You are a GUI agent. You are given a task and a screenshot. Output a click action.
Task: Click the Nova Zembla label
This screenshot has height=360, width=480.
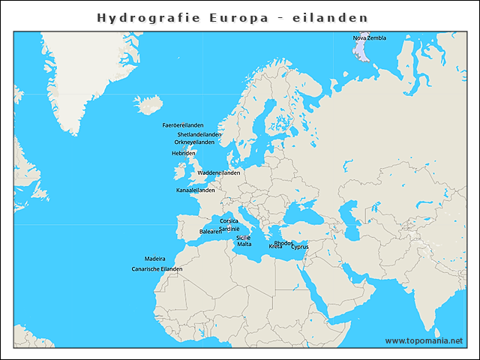370,37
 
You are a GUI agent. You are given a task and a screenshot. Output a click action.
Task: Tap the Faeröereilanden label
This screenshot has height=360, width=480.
183,125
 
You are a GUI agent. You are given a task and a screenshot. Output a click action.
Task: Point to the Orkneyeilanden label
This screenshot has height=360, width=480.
194,142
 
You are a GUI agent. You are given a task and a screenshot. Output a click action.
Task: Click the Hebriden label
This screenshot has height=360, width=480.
184,153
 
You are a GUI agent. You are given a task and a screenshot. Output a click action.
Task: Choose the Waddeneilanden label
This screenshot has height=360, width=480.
218,172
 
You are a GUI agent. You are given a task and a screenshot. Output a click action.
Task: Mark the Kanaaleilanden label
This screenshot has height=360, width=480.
195,190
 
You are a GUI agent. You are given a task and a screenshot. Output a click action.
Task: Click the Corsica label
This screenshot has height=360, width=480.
229,221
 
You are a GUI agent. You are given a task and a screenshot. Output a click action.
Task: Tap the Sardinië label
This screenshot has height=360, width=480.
229,229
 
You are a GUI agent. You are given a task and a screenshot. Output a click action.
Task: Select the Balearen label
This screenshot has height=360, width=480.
211,232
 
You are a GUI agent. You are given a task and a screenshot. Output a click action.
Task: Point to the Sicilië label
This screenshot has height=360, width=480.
244,237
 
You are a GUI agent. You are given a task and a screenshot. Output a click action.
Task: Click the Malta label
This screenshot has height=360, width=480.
244,244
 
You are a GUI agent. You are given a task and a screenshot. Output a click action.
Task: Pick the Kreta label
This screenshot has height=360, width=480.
275,247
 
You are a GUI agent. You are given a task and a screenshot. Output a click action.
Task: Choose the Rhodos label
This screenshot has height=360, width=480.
284,243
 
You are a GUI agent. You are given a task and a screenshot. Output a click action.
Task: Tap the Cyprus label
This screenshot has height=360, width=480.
300,247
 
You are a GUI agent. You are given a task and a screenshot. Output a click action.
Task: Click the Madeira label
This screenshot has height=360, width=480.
155,258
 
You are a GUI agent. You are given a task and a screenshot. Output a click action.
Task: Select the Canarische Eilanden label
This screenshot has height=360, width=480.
157,268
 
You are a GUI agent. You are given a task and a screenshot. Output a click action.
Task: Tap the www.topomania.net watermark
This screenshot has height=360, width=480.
424,340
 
